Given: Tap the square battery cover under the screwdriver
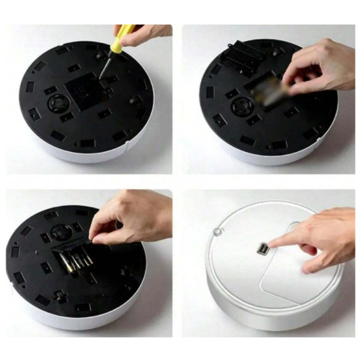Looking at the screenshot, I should coord(83,93).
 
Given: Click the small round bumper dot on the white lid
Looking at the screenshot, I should coord(218,231).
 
